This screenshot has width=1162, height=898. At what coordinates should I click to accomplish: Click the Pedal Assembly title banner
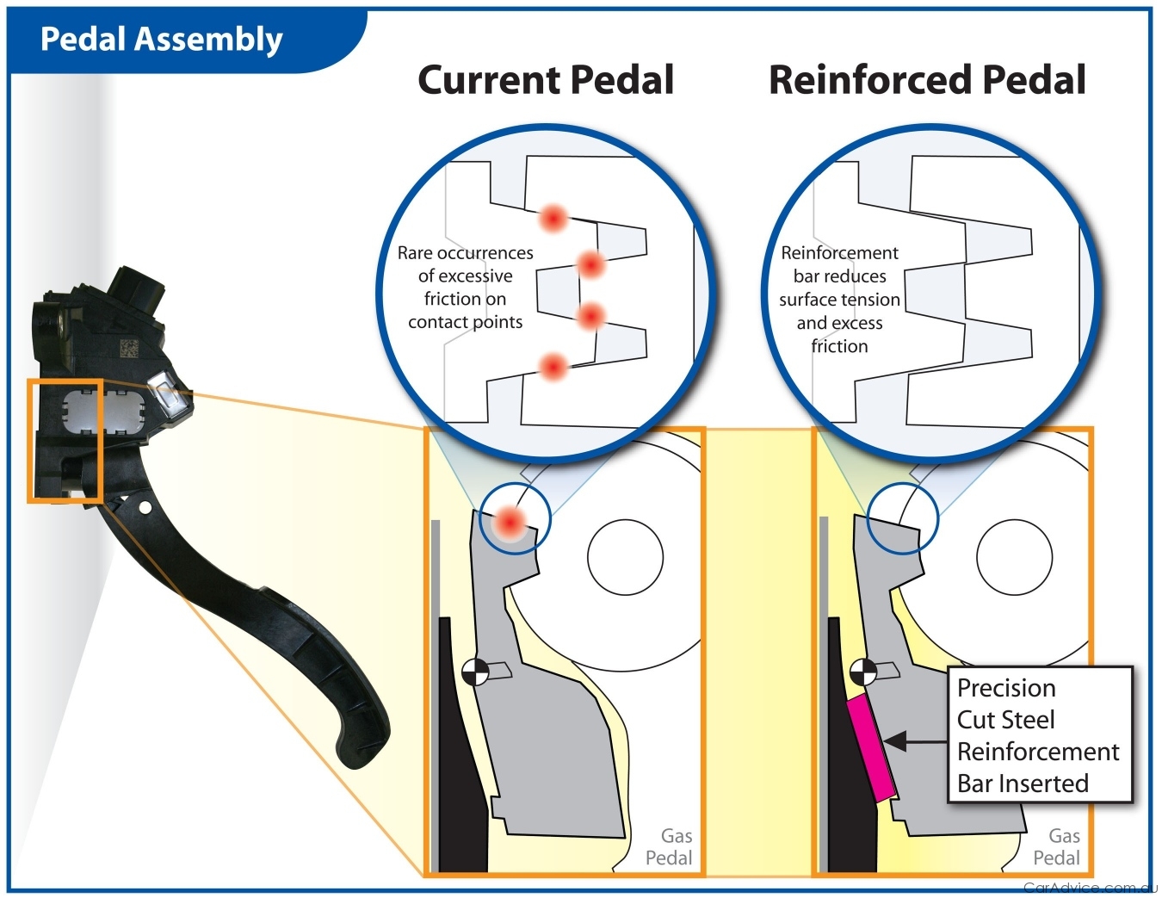[x=162, y=40]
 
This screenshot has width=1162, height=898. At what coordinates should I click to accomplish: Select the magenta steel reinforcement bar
[x=871, y=749]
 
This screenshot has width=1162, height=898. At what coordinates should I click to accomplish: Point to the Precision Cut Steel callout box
[x=1038, y=734]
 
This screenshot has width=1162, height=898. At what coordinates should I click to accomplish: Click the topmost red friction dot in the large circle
[x=553, y=218]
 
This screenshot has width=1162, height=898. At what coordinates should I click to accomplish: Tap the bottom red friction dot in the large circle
[x=553, y=368]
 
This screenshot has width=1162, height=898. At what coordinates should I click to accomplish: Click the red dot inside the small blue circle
[x=510, y=522]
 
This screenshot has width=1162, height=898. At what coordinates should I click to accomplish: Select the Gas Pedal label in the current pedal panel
[x=670, y=846]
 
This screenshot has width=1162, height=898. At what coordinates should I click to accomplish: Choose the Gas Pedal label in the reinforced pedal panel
[x=1057, y=846]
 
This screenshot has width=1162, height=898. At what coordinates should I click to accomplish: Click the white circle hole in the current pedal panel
[x=625, y=557]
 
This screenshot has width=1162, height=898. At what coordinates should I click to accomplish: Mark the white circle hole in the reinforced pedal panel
[x=1014, y=557]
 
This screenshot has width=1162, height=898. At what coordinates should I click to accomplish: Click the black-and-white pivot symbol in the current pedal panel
[x=475, y=672]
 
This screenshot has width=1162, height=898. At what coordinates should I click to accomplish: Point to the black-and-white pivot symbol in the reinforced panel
[x=863, y=672]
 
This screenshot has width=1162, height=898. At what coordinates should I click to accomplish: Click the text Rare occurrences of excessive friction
[x=465, y=287]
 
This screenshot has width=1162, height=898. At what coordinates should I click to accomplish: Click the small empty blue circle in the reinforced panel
[x=902, y=518]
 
